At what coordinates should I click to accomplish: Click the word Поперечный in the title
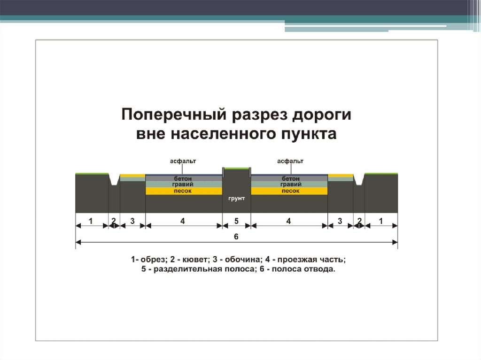click(174, 115)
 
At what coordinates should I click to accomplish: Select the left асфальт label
click(183, 161)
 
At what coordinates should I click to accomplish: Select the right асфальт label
click(290, 161)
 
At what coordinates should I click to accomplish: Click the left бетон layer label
click(183, 178)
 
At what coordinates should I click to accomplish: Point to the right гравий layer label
click(291, 184)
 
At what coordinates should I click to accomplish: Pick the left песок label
click(183, 191)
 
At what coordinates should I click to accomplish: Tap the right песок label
click(291, 191)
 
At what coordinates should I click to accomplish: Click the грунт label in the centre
click(237, 199)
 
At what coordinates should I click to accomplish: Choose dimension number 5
click(236, 221)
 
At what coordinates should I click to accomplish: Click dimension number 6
click(236, 237)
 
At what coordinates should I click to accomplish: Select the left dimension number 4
click(183, 221)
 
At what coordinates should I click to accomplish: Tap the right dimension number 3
click(340, 221)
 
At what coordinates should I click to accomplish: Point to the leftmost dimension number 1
click(91, 221)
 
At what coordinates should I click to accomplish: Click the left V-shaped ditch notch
click(114, 180)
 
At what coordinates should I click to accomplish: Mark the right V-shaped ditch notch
click(359, 180)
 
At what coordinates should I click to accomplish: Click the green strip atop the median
click(237, 169)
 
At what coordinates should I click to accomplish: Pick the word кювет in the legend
click(195, 260)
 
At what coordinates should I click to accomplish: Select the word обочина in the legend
click(243, 260)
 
